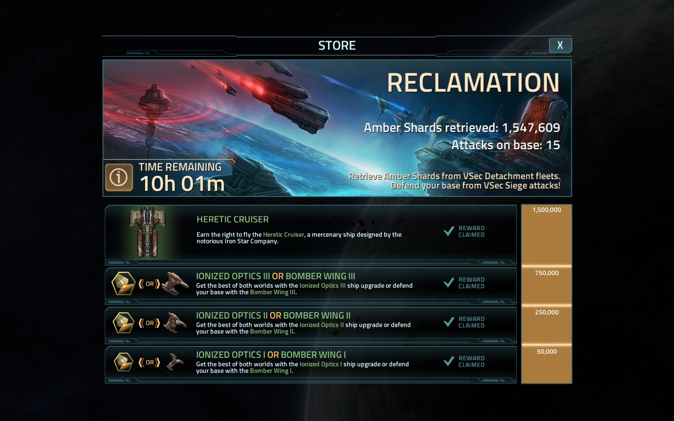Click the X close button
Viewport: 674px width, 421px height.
tap(560, 45)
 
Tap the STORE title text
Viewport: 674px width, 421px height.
tap(337, 45)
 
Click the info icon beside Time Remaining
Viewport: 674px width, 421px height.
tap(118, 177)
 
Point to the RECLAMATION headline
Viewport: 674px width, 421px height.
tap(473, 83)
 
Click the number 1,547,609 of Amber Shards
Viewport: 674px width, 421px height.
tap(531, 128)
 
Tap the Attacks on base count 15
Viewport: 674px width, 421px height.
tap(553, 145)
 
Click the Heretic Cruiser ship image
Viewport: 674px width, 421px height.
tap(147, 232)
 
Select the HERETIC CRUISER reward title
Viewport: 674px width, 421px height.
tap(233, 219)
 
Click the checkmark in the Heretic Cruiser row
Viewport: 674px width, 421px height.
tap(449, 231)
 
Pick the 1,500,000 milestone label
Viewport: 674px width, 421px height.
tap(547, 210)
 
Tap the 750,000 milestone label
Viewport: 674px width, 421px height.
tap(547, 273)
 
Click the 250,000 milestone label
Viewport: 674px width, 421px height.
tap(547, 312)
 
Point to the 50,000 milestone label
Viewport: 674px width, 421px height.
tap(547, 352)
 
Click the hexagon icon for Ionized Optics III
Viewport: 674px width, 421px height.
tap(124, 283)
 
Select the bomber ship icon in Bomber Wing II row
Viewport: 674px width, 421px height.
tap(176, 323)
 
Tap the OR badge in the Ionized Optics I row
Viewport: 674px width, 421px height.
tap(150, 362)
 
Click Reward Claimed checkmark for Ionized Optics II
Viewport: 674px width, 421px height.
tap(449, 322)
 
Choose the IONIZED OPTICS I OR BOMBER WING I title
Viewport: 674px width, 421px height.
tap(271, 355)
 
